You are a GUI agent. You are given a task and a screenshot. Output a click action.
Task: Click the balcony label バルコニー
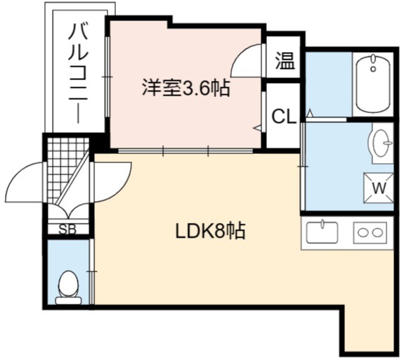(x=79, y=73)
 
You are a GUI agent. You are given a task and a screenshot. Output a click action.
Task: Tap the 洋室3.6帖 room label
(x=185, y=88)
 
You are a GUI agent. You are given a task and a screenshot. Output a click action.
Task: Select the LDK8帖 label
(x=210, y=231)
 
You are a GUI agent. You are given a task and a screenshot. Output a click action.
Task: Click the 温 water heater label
(x=285, y=61)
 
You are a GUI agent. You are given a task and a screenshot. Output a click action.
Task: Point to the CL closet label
(x=284, y=116)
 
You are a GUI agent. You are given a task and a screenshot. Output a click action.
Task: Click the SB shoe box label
(x=67, y=229)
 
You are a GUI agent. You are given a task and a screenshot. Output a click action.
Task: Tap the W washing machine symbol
(x=379, y=188)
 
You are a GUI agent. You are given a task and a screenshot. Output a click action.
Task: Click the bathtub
(x=373, y=83)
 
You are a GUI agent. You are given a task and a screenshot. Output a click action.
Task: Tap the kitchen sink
(x=322, y=232)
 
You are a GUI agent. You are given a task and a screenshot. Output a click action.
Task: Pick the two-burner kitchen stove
(x=370, y=232)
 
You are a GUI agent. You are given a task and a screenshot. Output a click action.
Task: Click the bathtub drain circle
(x=373, y=69)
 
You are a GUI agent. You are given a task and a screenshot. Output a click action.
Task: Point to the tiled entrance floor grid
(x=67, y=170)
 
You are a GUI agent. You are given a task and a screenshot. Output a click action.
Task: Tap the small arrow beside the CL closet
(x=258, y=128)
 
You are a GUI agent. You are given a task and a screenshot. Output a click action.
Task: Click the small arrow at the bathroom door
(x=310, y=112)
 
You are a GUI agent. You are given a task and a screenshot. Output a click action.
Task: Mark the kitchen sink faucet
(x=322, y=224)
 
